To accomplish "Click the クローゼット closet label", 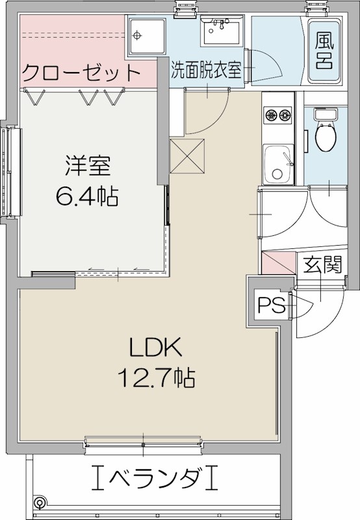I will click(81, 71).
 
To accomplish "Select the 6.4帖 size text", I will click(87, 196).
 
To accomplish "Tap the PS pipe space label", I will click(270, 305).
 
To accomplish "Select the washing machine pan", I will click(146, 37).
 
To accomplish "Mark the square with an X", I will click(187, 157).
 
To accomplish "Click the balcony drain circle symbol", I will click(40, 502).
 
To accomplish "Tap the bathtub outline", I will click(324, 51).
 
